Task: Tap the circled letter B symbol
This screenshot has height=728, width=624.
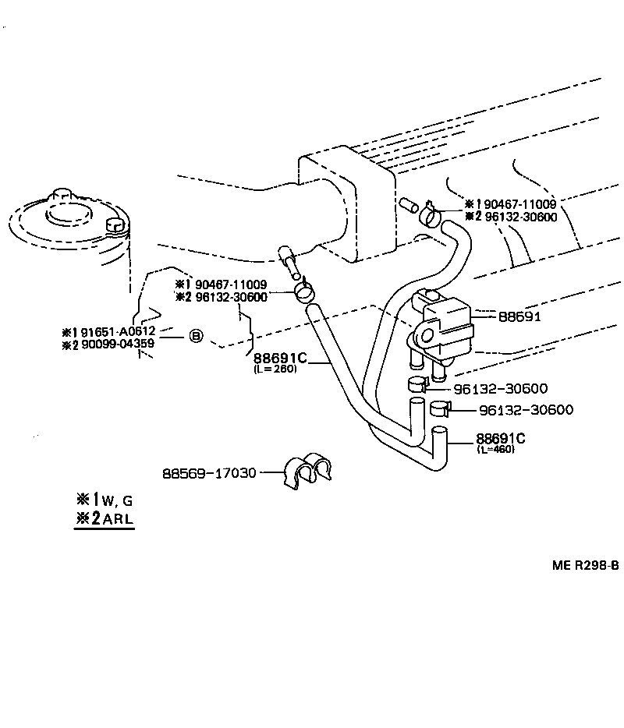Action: (196, 337)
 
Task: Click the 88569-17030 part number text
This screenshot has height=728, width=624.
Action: (209, 473)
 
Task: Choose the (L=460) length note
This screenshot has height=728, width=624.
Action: (495, 449)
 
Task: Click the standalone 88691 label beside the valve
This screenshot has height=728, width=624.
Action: (519, 317)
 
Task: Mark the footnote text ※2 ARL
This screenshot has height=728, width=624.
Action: (104, 519)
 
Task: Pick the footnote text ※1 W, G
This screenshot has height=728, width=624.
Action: (104, 500)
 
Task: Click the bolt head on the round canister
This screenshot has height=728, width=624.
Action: (114, 226)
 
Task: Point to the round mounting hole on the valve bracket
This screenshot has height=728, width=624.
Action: (425, 336)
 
